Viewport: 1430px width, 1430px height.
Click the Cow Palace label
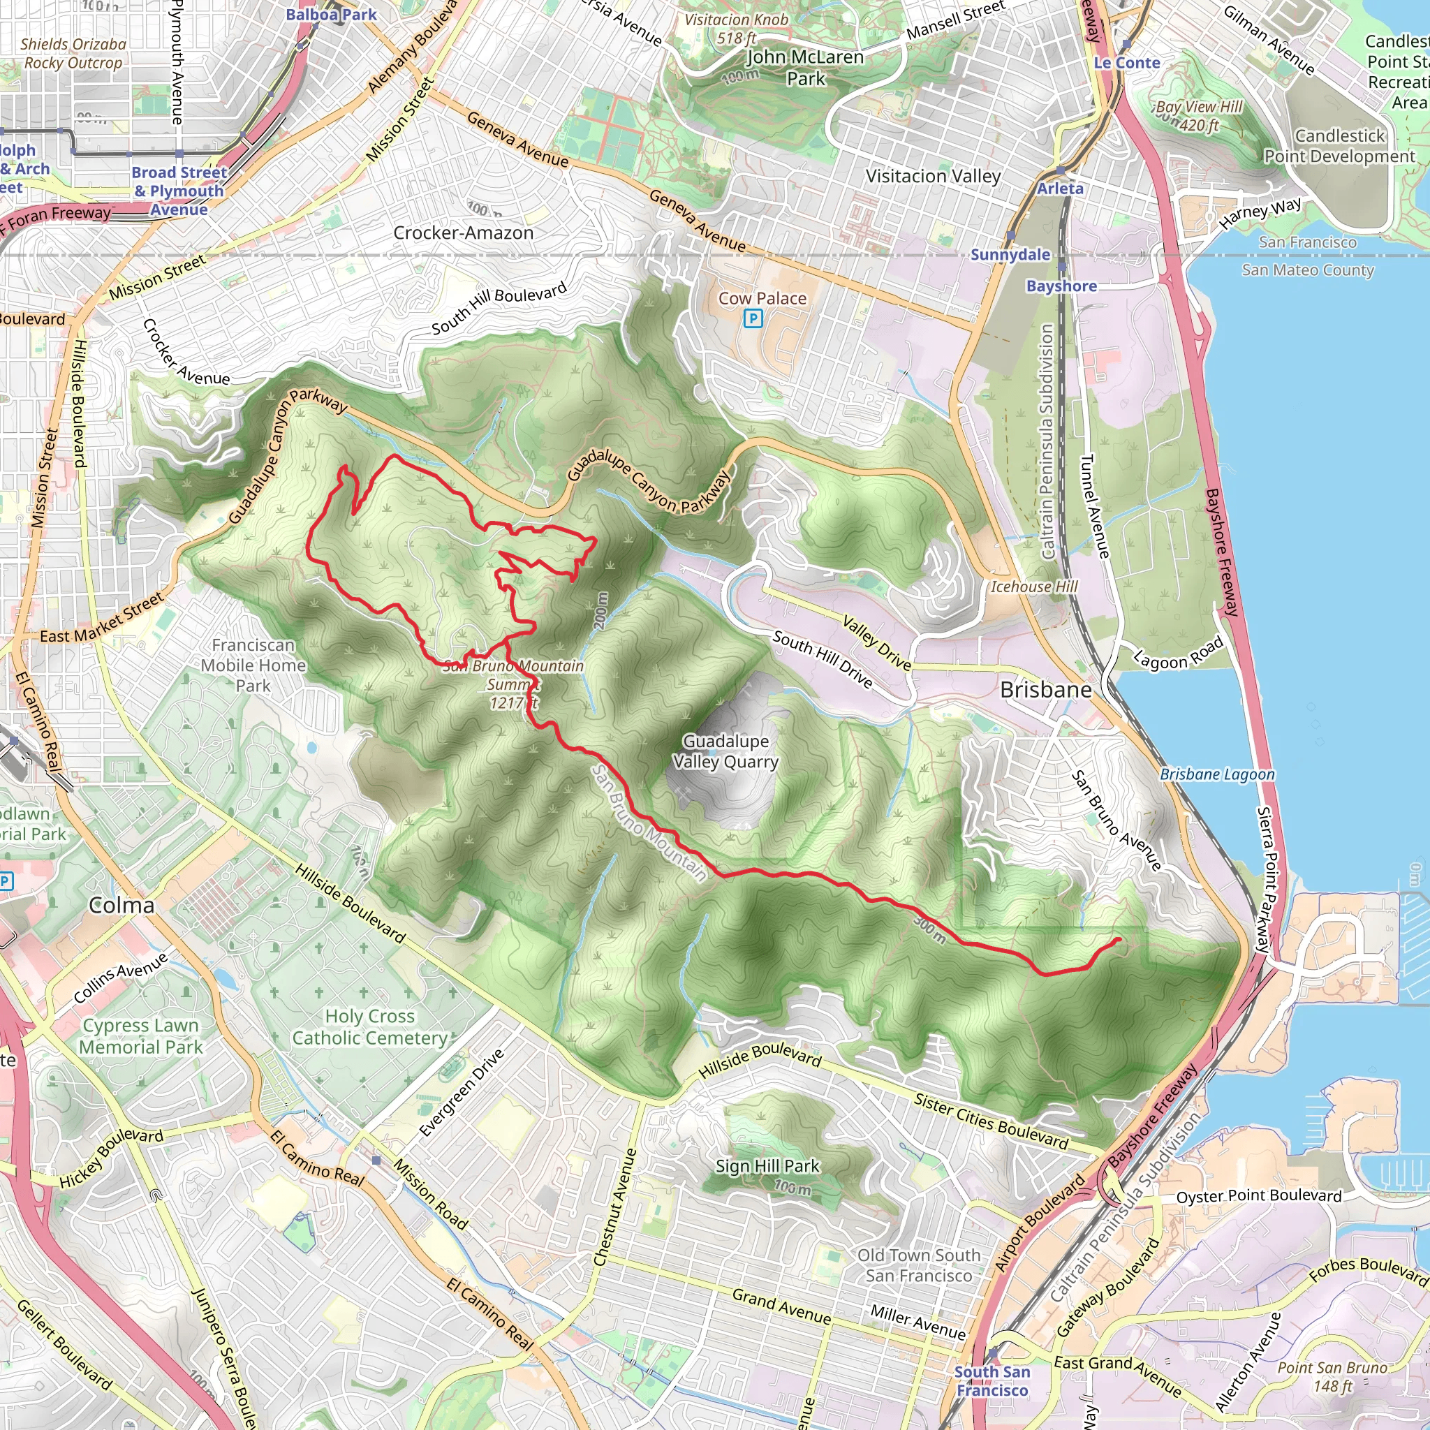pyautogui.click(x=762, y=298)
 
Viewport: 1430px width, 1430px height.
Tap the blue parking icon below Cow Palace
pyautogui.click(x=753, y=319)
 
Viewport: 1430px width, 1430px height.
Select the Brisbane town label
pyautogui.click(x=1045, y=690)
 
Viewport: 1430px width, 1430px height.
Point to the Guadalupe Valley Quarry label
pyautogui.click(x=725, y=751)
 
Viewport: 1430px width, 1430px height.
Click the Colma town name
pyautogui.click(x=121, y=905)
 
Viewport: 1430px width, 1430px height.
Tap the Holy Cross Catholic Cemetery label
pyautogui.click(x=369, y=1027)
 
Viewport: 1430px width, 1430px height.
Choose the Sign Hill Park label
pyautogui.click(x=767, y=1167)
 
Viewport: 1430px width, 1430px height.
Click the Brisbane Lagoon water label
pyautogui.click(x=1217, y=774)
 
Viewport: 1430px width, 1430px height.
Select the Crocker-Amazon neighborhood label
pyautogui.click(x=464, y=233)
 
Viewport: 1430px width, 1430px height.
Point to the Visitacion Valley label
pyautogui.click(x=933, y=176)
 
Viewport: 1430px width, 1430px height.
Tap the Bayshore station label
pyautogui.click(x=1061, y=286)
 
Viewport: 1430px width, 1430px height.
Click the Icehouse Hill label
pyautogui.click(x=1034, y=587)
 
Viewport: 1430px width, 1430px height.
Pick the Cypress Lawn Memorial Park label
pyautogui.click(x=140, y=1036)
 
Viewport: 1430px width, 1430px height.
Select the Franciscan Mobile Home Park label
pyautogui.click(x=253, y=665)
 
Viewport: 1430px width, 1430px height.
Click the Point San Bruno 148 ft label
pyautogui.click(x=1332, y=1377)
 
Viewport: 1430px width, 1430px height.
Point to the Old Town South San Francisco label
pyautogui.click(x=919, y=1265)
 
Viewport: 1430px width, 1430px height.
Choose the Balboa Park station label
pyautogui.click(x=331, y=15)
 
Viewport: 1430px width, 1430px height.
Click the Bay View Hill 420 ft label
pyautogui.click(x=1199, y=115)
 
